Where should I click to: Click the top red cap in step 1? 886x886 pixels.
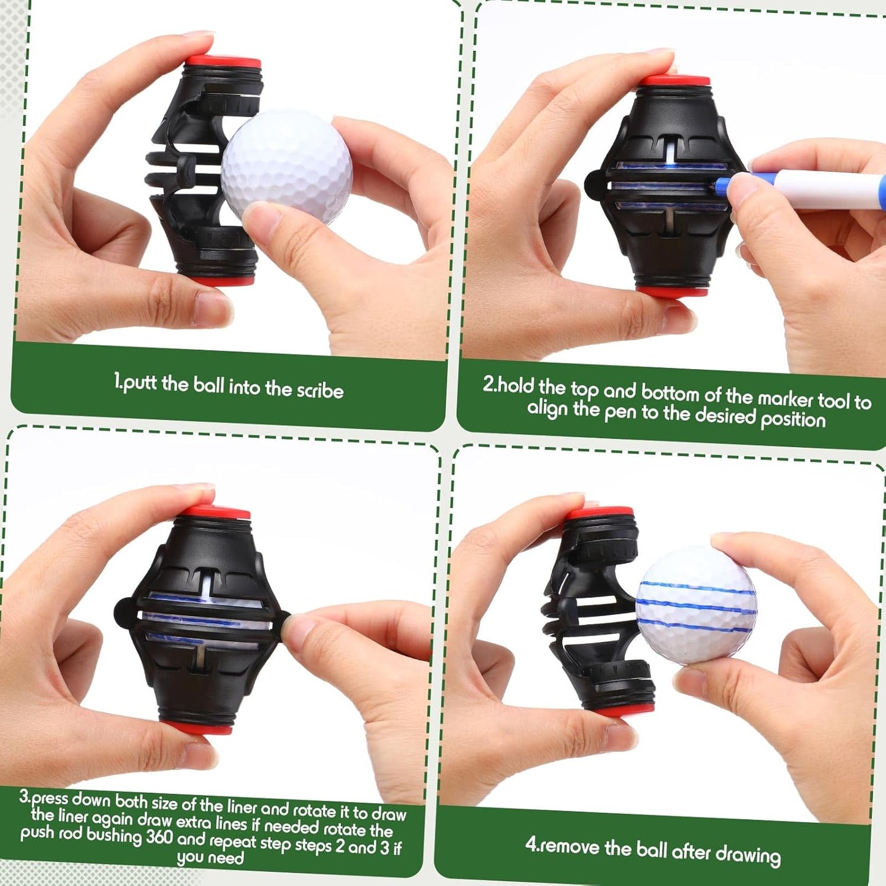coord(223,62)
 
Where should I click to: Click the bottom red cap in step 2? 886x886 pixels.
coord(672,291)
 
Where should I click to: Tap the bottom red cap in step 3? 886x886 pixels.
coord(197,727)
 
